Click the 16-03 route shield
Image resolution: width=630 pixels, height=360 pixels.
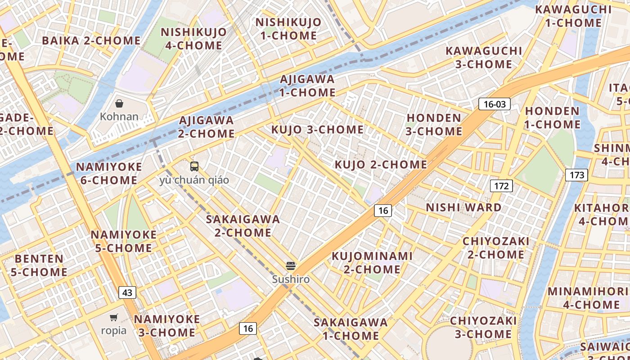pyautogui.click(x=495, y=104)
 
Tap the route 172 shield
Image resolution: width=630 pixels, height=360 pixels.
pyautogui.click(x=501, y=185)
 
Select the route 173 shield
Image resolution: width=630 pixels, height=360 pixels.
pyautogui.click(x=576, y=175)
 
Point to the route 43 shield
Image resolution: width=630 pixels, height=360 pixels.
pyautogui.click(x=127, y=292)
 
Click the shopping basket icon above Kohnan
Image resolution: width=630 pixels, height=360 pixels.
pyautogui.click(x=119, y=104)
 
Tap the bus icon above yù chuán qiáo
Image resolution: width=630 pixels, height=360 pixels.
pyautogui.click(x=194, y=166)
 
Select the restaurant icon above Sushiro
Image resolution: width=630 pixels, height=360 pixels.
pyautogui.click(x=291, y=266)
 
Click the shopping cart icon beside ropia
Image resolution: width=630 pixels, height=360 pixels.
pyautogui.click(x=114, y=317)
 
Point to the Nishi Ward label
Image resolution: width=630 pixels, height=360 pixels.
pyautogui.click(x=463, y=207)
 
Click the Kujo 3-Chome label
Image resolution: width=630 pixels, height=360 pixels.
pyautogui.click(x=317, y=130)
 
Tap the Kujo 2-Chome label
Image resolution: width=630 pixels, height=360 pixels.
pyautogui.click(x=381, y=164)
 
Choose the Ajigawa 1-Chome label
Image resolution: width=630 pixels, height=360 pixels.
pyautogui.click(x=307, y=86)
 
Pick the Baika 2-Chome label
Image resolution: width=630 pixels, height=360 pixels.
pyautogui.click(x=91, y=40)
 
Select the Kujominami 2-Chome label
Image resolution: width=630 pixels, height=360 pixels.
pyautogui.click(x=372, y=263)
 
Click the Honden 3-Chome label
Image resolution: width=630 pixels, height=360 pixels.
pyautogui.click(x=434, y=125)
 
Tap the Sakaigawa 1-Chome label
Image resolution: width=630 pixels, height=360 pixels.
pyautogui.click(x=351, y=329)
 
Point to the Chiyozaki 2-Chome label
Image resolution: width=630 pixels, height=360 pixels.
pyautogui.click(x=496, y=248)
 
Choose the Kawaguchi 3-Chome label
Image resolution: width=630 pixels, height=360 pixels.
pyautogui.click(x=484, y=58)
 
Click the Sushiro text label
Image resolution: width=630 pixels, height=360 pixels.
pyautogui.click(x=291, y=279)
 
